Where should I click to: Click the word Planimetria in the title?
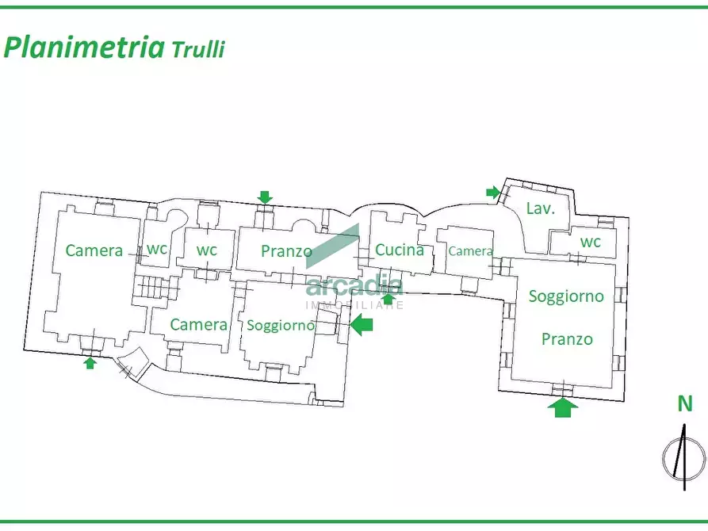click(84, 47)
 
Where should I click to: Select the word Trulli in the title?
click(197, 49)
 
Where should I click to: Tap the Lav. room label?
click(540, 208)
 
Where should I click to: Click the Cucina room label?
click(400, 250)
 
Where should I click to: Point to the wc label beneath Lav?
click(591, 242)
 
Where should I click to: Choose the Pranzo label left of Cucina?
click(286, 251)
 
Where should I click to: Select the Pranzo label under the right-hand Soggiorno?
click(567, 338)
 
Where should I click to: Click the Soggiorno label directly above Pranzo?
click(566, 296)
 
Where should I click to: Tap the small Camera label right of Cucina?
click(470, 250)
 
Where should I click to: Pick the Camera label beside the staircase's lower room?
click(199, 324)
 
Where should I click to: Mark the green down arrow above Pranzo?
click(265, 197)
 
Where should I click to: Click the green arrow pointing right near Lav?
click(493, 193)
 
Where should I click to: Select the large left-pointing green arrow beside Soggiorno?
click(362, 325)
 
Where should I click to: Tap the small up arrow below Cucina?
click(388, 300)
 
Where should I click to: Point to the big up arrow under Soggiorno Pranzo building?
click(563, 407)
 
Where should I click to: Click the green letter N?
click(685, 403)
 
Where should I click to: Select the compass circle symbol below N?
click(683, 457)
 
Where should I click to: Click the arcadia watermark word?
click(354, 286)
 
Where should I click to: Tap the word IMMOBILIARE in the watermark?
click(354, 305)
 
